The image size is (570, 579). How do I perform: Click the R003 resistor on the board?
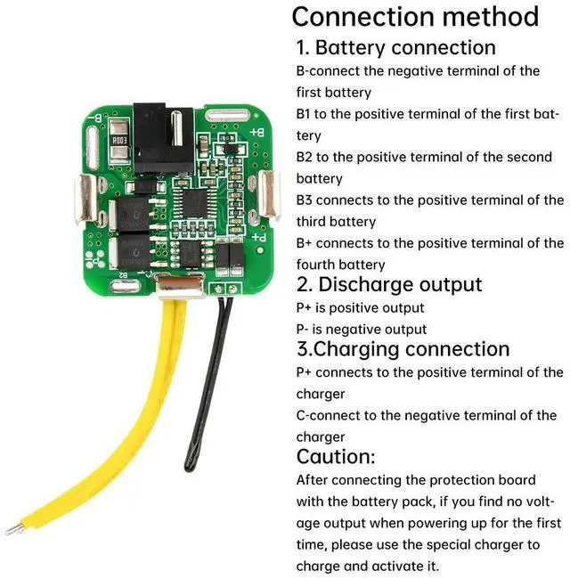tap(121, 140)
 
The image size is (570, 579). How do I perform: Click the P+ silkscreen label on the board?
tap(259, 238)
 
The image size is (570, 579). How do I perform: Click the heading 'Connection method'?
tap(415, 16)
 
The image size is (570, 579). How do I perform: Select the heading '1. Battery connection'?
tap(396, 47)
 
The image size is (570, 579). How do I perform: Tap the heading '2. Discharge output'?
tap(389, 285)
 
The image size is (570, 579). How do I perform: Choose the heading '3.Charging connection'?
tap(403, 349)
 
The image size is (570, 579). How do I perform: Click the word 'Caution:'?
tap(336, 457)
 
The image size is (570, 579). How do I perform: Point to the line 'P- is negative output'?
tap(362, 329)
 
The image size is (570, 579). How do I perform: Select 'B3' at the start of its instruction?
tap(305, 200)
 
